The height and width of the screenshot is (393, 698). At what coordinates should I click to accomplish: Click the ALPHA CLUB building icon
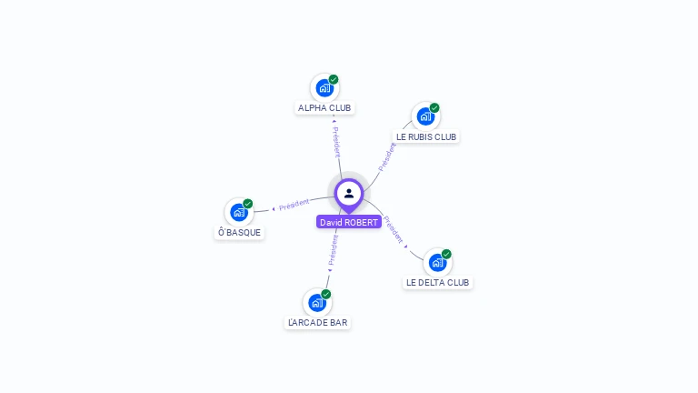(x=324, y=88)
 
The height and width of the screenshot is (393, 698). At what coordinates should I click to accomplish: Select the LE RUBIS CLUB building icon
(x=425, y=116)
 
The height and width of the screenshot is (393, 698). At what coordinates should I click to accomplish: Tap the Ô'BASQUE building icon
(x=239, y=213)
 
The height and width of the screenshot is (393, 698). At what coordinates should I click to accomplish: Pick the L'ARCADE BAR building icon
(x=317, y=303)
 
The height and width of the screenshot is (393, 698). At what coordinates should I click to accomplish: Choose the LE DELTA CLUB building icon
(x=437, y=263)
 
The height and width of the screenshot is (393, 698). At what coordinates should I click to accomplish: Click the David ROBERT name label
(x=349, y=222)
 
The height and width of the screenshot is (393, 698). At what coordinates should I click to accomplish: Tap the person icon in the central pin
(x=349, y=194)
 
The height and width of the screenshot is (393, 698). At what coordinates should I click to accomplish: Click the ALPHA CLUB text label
(x=324, y=108)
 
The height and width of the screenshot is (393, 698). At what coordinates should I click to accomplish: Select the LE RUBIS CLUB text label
(x=426, y=136)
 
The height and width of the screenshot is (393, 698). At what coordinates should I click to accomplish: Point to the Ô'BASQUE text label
(x=239, y=232)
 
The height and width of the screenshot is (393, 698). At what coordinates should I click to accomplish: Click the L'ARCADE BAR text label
(x=317, y=323)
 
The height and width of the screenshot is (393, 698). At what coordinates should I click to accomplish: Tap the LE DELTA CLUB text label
(x=437, y=283)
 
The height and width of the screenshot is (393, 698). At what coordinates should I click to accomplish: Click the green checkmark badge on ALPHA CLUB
(x=334, y=79)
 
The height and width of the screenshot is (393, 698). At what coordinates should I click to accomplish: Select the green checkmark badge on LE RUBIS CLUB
(x=434, y=108)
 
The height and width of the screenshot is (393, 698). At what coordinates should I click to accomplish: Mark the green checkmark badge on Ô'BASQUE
(x=248, y=204)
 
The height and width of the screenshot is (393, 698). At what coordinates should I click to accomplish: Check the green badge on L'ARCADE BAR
(x=326, y=294)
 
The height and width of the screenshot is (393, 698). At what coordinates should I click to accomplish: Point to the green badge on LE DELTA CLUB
(x=446, y=254)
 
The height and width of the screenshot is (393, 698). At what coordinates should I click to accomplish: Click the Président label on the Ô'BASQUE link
(x=294, y=205)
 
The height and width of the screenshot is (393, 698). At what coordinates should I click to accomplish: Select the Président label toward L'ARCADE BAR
(x=334, y=250)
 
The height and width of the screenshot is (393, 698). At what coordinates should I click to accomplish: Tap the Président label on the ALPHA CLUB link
(x=337, y=142)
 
